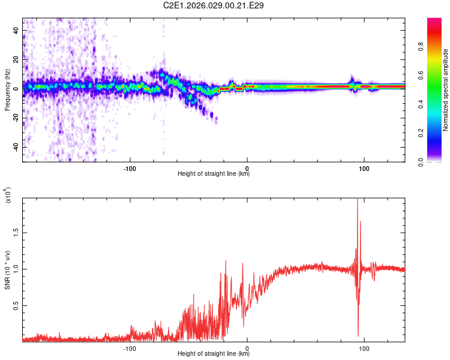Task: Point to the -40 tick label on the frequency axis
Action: tap(16, 147)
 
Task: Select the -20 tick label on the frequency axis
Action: tap(16, 118)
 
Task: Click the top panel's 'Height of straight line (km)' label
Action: tap(214, 174)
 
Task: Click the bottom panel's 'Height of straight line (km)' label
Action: tap(214, 354)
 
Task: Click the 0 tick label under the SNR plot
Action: tap(247, 347)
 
